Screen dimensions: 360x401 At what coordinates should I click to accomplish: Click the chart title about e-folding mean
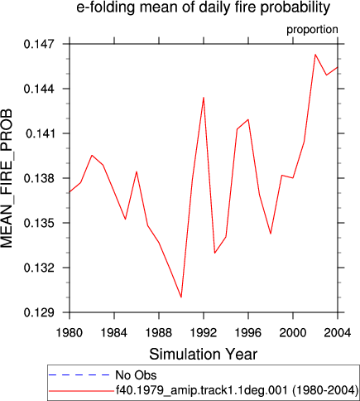pos(203,7)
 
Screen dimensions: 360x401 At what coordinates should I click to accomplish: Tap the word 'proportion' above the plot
pos(312,30)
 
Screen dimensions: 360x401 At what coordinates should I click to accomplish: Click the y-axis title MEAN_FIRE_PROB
pos(7,178)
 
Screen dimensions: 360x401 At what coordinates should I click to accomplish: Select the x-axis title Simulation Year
pos(203,355)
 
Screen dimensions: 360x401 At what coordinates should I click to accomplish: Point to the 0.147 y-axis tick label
pos(39,44)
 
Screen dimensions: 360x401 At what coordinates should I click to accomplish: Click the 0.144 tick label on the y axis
pos(39,89)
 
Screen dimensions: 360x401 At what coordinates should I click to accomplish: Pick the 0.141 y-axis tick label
pos(39,133)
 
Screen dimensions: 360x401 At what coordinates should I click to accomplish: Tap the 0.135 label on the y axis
pos(39,223)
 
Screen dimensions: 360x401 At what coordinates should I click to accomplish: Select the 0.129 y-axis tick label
pos(39,312)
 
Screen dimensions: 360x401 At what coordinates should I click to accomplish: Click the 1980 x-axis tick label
pos(70,333)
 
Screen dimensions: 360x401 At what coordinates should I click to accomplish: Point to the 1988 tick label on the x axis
pos(159,333)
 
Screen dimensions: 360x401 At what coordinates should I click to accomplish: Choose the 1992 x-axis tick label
pos(204,333)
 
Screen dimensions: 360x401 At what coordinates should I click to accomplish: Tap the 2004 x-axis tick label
pos(338,333)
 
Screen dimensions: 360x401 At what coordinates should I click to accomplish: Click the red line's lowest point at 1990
pos(181,297)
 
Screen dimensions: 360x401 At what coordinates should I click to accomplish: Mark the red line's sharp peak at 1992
pos(204,98)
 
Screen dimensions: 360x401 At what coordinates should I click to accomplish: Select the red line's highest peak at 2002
pos(315,55)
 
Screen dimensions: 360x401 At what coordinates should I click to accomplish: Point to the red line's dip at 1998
pos(271,234)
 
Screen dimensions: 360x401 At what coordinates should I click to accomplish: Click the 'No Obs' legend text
pos(136,375)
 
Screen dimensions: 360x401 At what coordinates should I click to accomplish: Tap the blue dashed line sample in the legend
pos(79,375)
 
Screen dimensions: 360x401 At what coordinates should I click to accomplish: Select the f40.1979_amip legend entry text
pos(237,390)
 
